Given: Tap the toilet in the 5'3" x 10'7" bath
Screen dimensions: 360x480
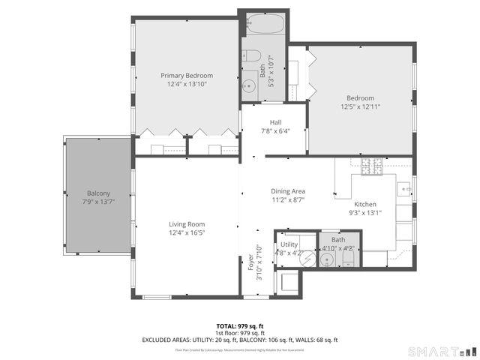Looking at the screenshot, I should (251, 56).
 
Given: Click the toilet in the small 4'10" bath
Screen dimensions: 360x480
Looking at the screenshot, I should (348, 258).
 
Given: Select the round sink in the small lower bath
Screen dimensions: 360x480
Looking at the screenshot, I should (326, 259).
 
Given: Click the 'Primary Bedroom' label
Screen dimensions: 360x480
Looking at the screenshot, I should (187, 75).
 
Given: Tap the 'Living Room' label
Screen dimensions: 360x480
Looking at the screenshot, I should (187, 224).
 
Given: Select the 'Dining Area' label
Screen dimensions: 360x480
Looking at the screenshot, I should (288, 191).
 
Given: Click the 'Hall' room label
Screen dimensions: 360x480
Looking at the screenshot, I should (274, 122).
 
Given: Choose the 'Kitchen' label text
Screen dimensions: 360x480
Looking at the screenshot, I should (365, 204).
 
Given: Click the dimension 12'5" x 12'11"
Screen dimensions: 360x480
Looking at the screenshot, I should (360, 106).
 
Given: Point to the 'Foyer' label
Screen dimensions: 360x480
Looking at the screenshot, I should (251, 262).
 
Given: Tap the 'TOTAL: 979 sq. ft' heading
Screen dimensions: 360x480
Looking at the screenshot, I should (239, 325).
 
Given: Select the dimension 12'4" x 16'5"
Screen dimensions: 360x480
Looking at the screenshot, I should (187, 233).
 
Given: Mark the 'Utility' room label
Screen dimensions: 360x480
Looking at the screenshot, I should (289, 244).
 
